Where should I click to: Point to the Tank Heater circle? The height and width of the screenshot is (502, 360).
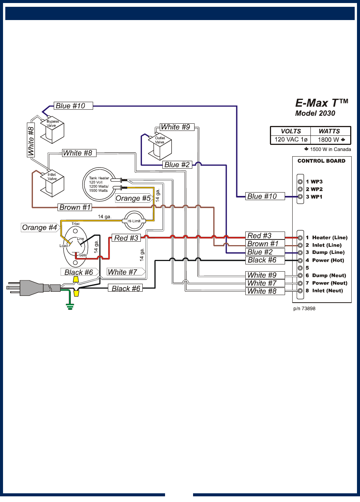pos(100,184)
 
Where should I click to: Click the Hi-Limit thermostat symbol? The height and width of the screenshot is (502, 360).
pos(134,221)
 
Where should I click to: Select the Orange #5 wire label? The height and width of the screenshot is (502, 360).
pos(133,198)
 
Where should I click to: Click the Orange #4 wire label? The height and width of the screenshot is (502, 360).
pos(39,227)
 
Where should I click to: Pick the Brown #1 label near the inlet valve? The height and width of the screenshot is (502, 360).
pos(75,207)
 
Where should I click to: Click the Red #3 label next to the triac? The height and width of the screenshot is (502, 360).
pos(126,238)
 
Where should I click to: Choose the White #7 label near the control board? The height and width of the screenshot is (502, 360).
pos(262,283)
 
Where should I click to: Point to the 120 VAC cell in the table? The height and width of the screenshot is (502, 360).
pos(291,140)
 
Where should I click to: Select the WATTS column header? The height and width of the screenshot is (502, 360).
pos(329,131)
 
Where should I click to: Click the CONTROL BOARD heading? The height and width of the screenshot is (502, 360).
pos(321,161)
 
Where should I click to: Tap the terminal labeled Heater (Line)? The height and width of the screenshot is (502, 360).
pos(329,238)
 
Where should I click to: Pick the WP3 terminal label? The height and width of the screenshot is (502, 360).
pos(316,182)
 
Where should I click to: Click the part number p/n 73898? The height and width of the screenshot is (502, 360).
pos(304,309)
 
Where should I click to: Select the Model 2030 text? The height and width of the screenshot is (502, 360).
pos(315,113)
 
